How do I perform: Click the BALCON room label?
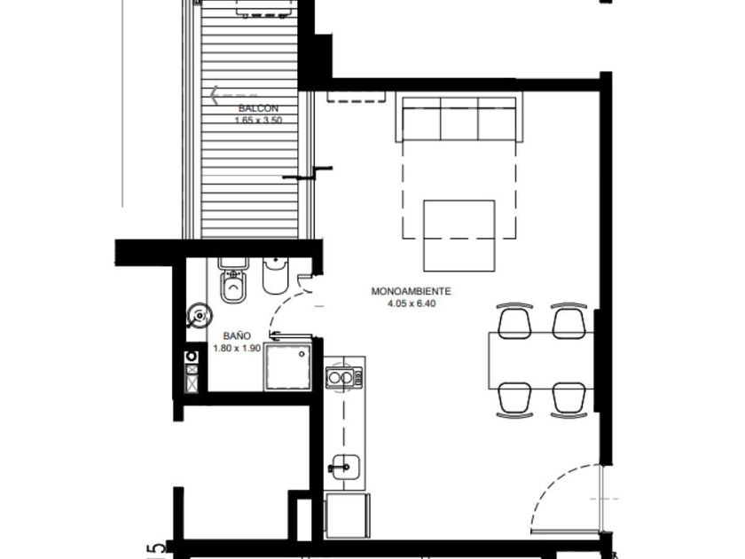(258, 109)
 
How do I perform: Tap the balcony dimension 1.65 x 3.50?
(258, 121)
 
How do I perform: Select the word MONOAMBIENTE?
(411, 291)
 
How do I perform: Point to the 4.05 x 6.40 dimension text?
(412, 303)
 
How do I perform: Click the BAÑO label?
(237, 336)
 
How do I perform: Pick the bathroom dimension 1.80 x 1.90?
(237, 348)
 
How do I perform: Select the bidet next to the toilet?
(275, 276)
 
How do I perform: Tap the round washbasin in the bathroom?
(200, 316)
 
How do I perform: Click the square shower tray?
(288, 367)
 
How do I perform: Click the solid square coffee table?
(459, 235)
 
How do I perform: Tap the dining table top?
(542, 361)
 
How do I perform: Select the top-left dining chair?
(514, 321)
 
